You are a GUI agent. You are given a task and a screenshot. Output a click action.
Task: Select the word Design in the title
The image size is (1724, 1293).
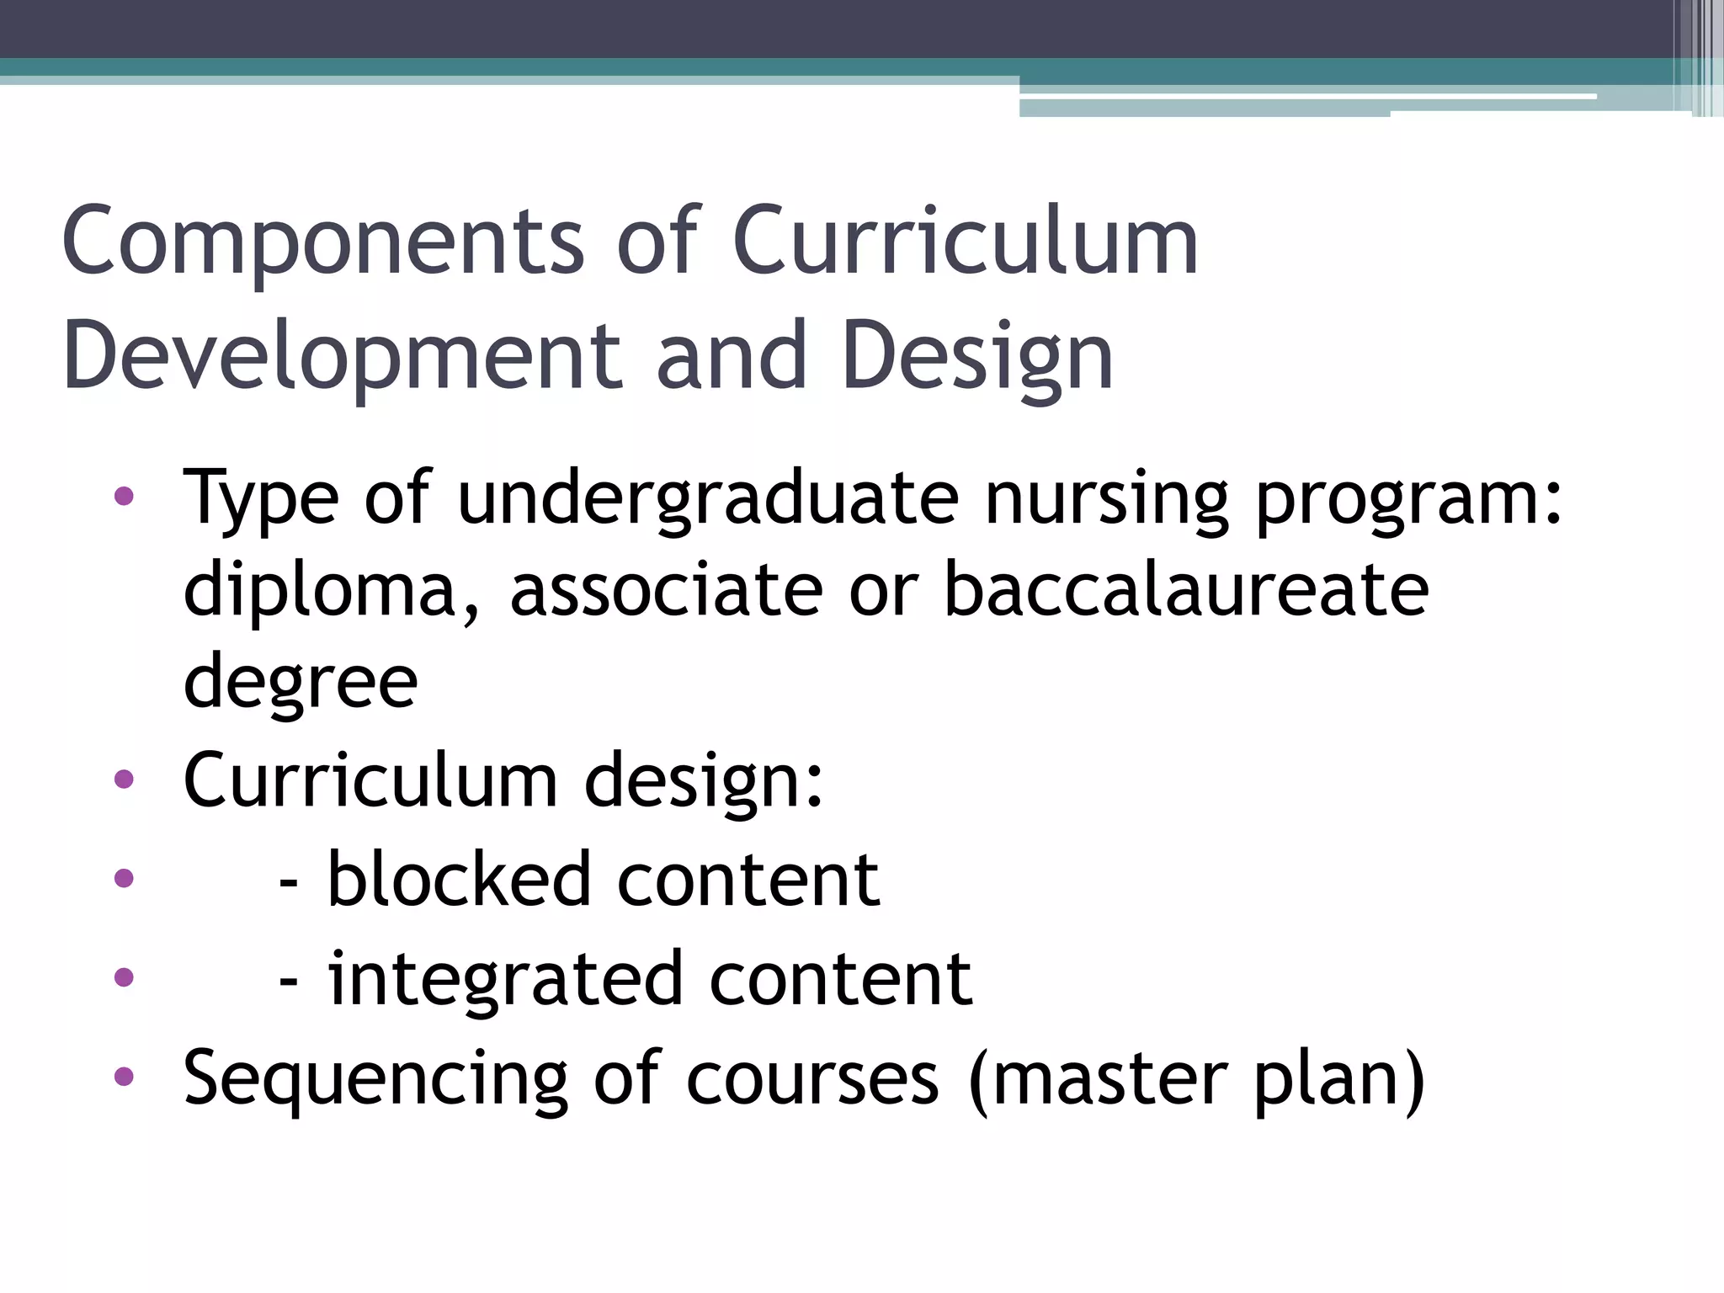[x=976, y=358]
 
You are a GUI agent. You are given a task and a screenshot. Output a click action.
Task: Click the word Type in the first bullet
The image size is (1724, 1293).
[x=261, y=498]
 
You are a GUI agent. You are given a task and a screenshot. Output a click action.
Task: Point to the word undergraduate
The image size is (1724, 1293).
[x=707, y=498]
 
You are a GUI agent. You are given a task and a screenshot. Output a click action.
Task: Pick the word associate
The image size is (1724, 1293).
[x=666, y=589]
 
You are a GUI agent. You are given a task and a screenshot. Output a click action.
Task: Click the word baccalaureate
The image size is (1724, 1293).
[x=1186, y=589]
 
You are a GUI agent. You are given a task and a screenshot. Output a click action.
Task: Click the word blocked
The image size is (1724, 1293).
[x=459, y=880]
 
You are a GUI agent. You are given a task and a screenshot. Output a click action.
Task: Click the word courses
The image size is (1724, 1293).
[x=812, y=1080]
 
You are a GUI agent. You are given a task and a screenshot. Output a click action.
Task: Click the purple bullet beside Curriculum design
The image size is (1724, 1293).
[x=124, y=780]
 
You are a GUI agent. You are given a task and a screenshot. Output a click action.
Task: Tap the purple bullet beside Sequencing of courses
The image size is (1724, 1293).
[x=124, y=1076]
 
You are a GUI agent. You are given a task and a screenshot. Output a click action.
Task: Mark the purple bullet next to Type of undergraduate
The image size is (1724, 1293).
[x=124, y=496]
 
